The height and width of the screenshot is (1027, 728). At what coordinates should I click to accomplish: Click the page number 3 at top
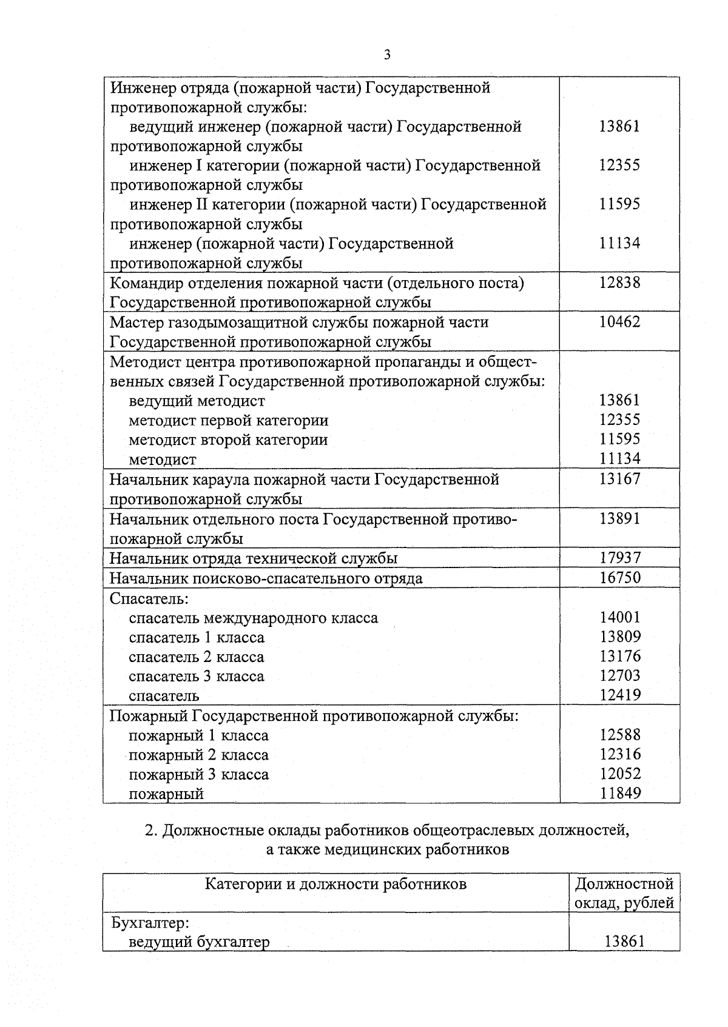pos(387,55)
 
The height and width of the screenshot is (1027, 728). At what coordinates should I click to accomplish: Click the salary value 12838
pos(619,283)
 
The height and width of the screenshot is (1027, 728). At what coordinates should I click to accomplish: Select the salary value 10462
pos(619,322)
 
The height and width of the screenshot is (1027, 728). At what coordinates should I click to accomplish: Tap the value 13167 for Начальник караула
pos(619,479)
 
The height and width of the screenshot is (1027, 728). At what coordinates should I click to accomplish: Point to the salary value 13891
pos(619,518)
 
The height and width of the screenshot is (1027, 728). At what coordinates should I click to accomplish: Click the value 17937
pos(619,558)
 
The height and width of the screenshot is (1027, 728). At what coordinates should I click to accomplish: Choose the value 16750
pos(619,578)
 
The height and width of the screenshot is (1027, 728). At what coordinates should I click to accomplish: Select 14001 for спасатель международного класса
pos(619,617)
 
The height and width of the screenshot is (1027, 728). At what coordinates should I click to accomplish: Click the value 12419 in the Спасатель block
pos(619,695)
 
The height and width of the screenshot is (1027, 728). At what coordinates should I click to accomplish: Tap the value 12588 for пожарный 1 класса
pos(619,735)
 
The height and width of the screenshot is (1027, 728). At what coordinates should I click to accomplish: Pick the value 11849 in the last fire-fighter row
pos(619,793)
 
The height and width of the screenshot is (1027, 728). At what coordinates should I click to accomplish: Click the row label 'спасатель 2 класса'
pos(197,657)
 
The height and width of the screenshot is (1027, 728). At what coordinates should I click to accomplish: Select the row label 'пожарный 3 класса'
pos(198,774)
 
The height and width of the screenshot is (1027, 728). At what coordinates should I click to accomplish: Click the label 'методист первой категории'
pos(229,420)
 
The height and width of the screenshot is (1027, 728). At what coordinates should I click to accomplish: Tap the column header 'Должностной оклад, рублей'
pos(624,893)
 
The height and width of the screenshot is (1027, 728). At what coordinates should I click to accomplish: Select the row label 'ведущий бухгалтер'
pos(199,942)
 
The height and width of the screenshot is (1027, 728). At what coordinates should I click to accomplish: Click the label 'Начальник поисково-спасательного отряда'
pos(266,578)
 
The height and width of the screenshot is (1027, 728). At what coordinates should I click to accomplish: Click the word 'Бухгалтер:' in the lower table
pos(150,923)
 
